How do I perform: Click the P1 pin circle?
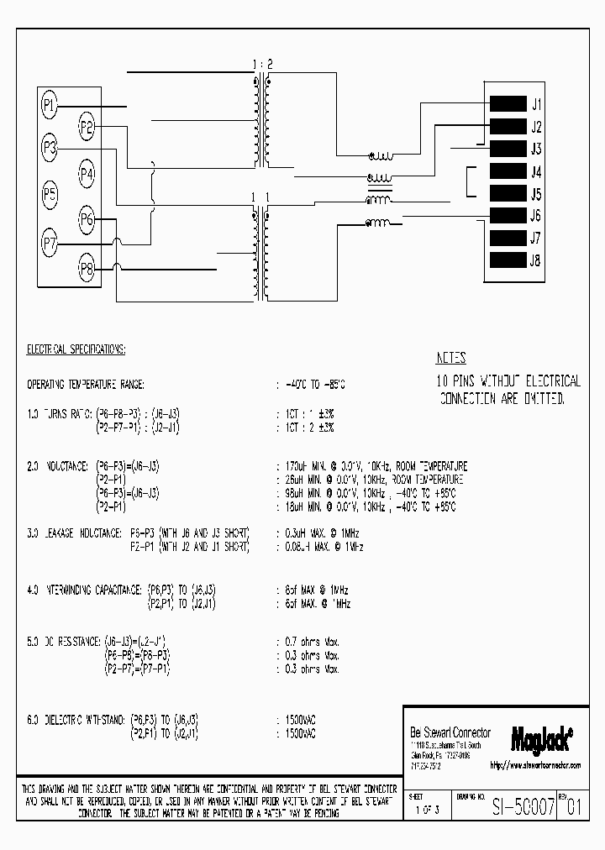(50, 105)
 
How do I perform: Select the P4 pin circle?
(87, 174)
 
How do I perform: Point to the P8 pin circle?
(87, 269)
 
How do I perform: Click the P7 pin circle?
(50, 245)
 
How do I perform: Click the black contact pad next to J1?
(507, 105)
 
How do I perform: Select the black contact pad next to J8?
(507, 260)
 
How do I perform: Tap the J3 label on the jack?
(536, 150)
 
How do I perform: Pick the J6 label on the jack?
(536, 216)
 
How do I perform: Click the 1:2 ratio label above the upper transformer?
(260, 65)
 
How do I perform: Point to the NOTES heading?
(452, 357)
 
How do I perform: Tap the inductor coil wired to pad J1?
(381, 156)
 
